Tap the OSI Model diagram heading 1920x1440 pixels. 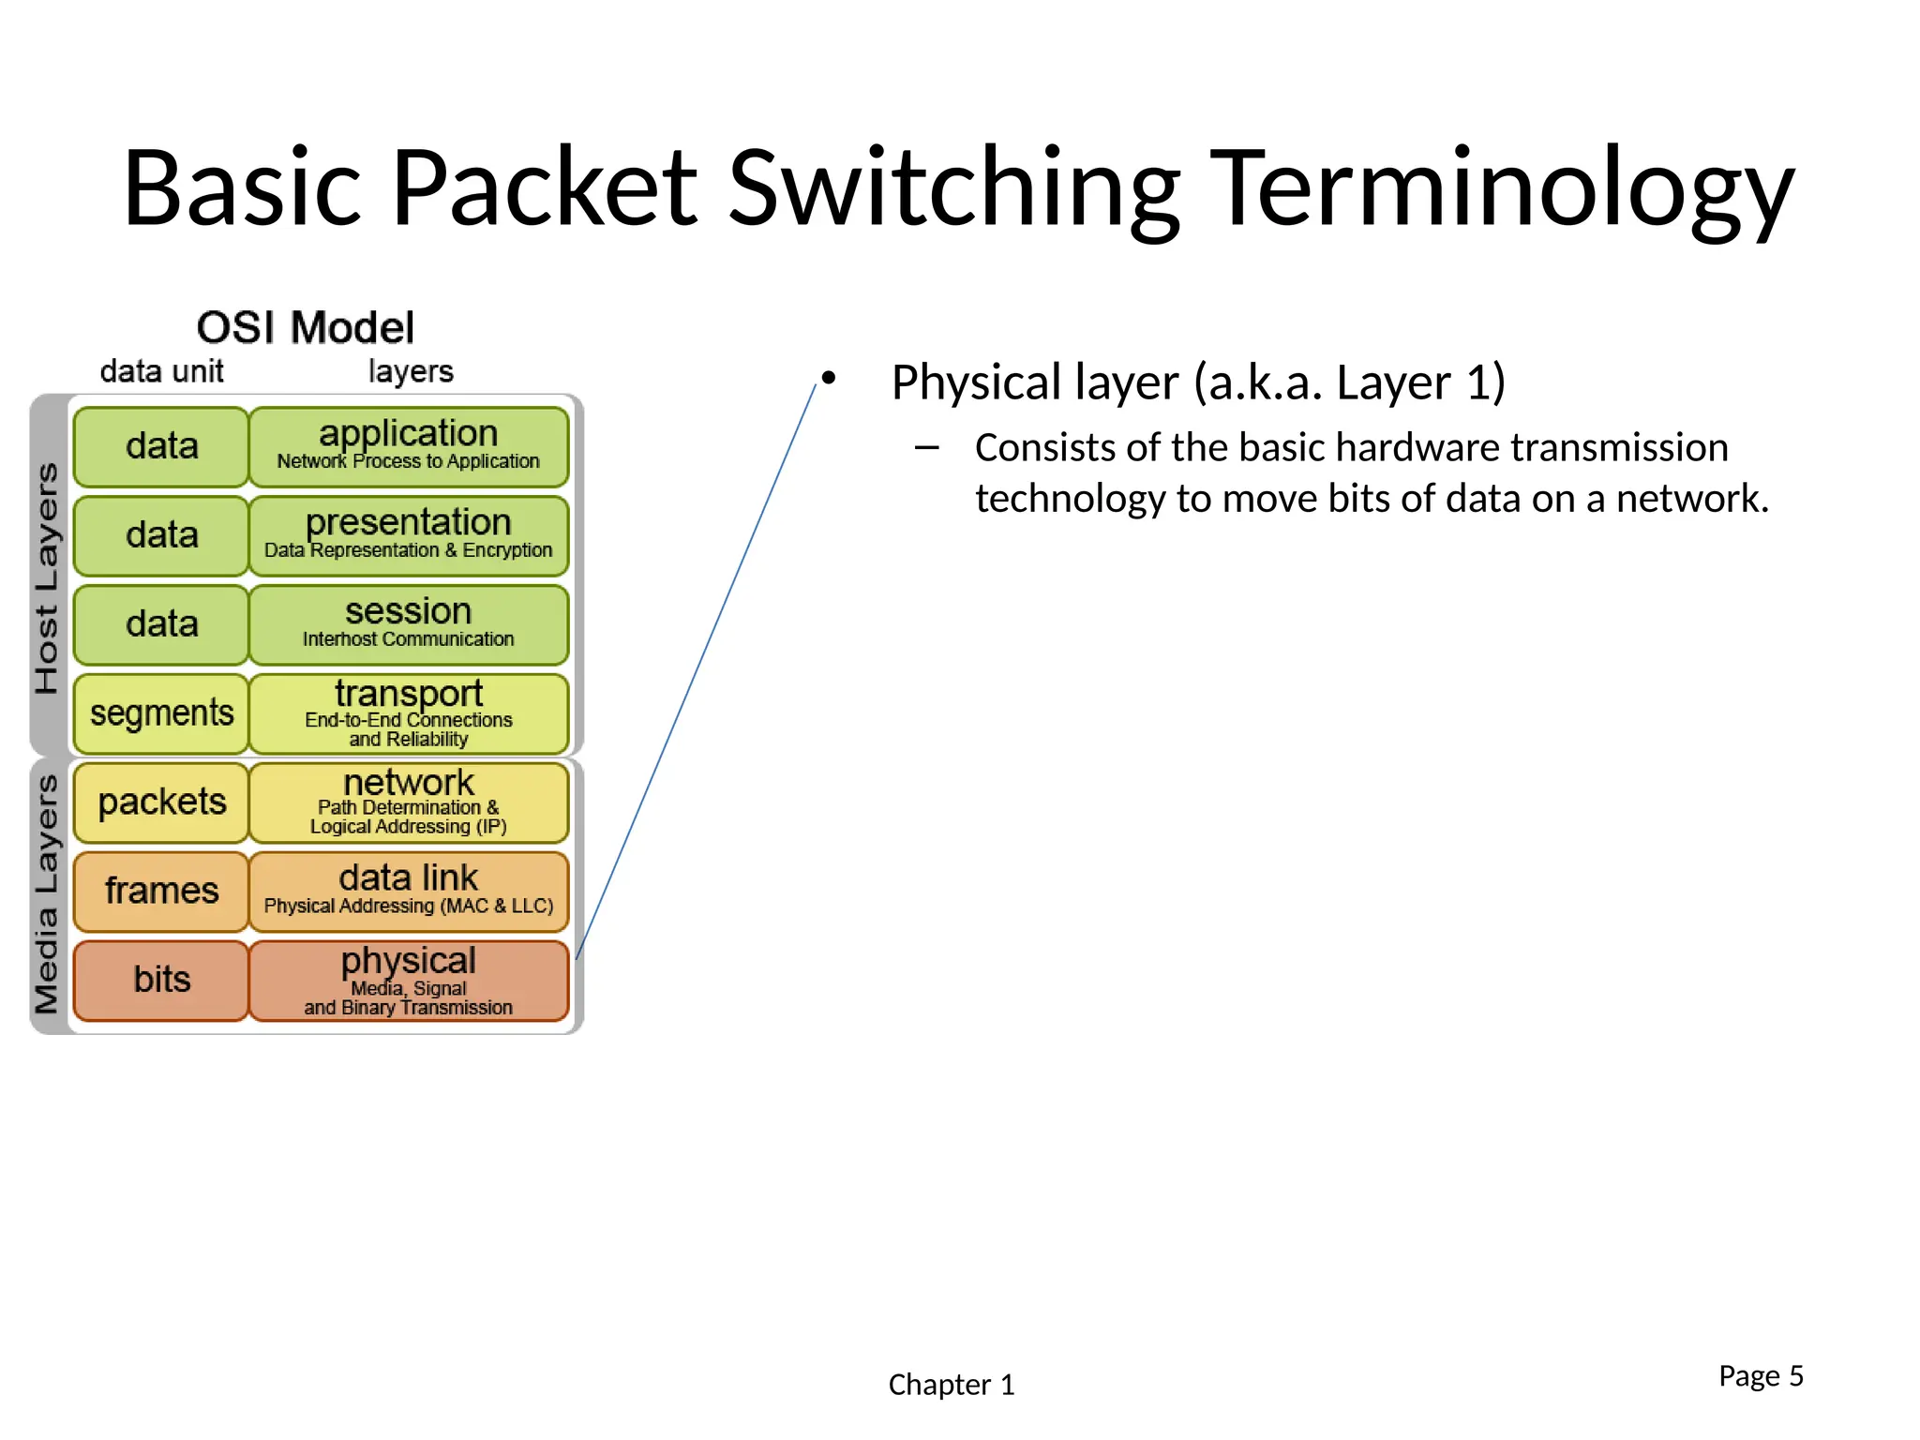click(x=305, y=328)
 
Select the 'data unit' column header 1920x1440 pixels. click(x=161, y=371)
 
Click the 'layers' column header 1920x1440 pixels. click(x=411, y=371)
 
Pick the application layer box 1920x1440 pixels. click(x=409, y=446)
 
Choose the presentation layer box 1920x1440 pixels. click(x=409, y=535)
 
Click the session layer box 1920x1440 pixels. click(x=409, y=624)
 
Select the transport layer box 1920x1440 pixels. click(x=409, y=713)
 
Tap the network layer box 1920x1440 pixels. click(x=409, y=802)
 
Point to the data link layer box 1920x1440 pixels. click(x=409, y=891)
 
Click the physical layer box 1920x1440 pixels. click(x=409, y=981)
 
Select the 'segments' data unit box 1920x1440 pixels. click(x=161, y=713)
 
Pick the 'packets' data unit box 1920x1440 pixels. click(x=161, y=802)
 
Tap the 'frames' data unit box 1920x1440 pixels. click(x=161, y=891)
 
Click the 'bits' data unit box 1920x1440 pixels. click(x=161, y=981)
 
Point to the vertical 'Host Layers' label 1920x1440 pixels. click(x=47, y=577)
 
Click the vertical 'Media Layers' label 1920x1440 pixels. click(x=47, y=894)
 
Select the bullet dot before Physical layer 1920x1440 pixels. click(x=828, y=378)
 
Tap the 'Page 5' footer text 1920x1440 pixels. click(x=1760, y=1375)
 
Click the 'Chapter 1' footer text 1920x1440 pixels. click(x=951, y=1385)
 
